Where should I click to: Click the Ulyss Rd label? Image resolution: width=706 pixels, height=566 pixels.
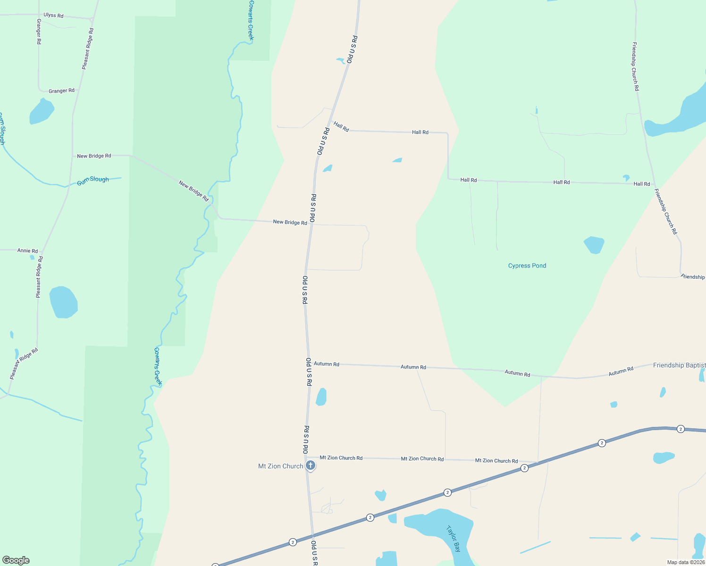click(53, 16)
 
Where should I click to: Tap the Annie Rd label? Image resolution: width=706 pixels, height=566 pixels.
click(27, 251)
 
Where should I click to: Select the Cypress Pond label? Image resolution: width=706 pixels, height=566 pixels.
click(527, 266)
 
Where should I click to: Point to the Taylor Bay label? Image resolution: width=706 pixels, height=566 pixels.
click(453, 539)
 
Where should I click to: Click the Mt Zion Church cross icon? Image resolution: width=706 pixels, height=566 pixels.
click(310, 466)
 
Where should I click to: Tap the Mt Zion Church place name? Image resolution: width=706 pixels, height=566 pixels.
click(280, 466)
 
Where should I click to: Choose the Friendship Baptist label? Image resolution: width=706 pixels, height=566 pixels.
click(679, 366)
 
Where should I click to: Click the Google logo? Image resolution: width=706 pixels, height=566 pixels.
click(16, 560)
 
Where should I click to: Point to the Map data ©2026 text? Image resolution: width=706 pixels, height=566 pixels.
click(686, 562)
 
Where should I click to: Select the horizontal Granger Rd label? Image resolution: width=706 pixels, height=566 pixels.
click(61, 91)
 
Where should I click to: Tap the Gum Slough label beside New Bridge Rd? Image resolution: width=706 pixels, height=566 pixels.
click(93, 180)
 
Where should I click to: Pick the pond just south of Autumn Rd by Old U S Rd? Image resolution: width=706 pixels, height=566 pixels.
click(321, 397)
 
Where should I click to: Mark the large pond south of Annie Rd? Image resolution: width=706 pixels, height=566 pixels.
click(63, 302)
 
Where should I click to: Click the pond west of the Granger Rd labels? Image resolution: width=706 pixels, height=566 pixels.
click(42, 112)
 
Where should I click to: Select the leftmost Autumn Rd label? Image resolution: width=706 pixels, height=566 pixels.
click(327, 364)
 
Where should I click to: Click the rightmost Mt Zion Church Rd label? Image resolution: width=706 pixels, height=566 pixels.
click(496, 461)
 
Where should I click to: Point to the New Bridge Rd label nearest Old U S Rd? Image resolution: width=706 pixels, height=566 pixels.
click(290, 222)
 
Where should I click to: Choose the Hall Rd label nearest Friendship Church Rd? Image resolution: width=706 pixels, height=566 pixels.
click(642, 184)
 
